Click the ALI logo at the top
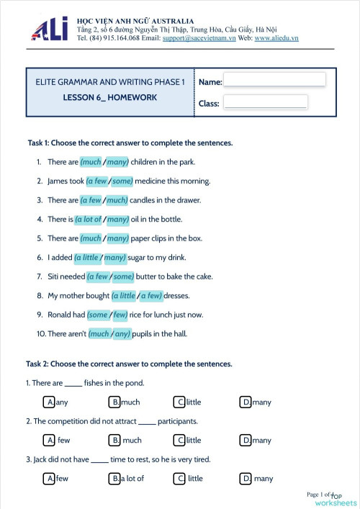[x=49, y=30]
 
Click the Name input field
[x=274, y=80]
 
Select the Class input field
[x=266, y=102]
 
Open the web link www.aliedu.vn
[x=276, y=37]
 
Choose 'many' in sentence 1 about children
[x=117, y=162]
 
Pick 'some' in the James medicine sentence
[x=122, y=181]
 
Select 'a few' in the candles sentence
[x=91, y=200]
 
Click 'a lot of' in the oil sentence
[x=89, y=220]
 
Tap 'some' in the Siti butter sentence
[x=123, y=276]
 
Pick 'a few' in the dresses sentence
[x=150, y=296]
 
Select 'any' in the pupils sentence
[x=122, y=334]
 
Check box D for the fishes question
[x=246, y=402]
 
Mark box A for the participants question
[x=50, y=440]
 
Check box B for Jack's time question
[x=114, y=478]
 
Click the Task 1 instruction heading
[x=130, y=143]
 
